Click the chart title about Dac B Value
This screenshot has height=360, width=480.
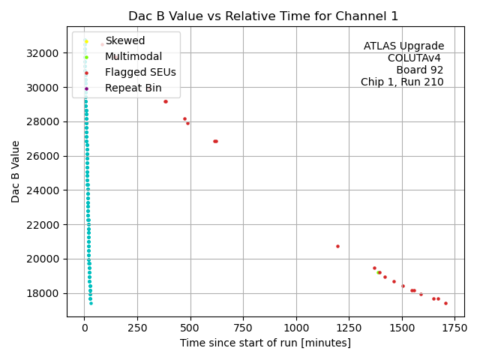point(263,16)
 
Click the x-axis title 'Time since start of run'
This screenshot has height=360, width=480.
point(265,343)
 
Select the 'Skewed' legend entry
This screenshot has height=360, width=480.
point(124,40)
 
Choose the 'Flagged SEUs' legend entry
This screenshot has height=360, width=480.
point(140,73)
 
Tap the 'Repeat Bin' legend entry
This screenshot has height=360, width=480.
point(133,88)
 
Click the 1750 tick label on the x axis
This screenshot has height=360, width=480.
point(454,328)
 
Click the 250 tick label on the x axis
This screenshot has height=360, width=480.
point(137,328)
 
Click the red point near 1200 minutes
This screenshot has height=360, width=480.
point(337,246)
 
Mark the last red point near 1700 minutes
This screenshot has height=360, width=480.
point(445,303)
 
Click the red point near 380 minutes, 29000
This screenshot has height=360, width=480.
point(166,101)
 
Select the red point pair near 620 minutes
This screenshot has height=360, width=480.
point(215,141)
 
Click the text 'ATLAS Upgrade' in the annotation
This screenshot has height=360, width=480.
point(403,46)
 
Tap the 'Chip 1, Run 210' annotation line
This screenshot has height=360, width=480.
point(402,82)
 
